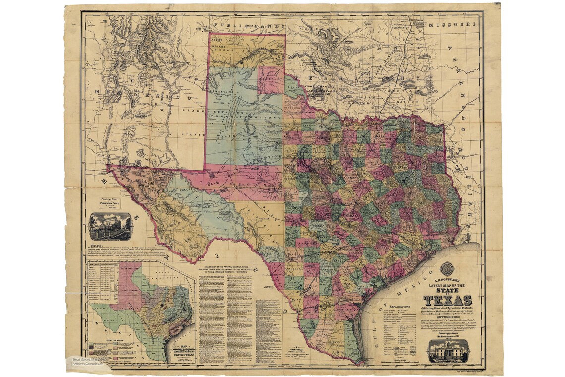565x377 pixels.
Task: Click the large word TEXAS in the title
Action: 447,300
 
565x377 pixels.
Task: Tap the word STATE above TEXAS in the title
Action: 447,289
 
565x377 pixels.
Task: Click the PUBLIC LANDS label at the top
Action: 238,24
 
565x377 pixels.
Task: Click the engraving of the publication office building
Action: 110,227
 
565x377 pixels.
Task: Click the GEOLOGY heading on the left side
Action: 98,246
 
